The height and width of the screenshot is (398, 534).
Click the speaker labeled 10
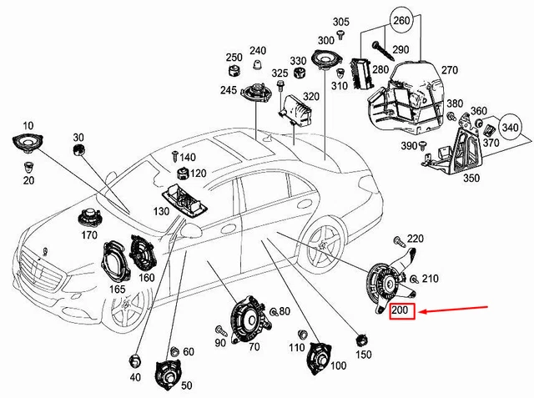click(x=28, y=143)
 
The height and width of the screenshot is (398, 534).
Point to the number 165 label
click(x=118, y=289)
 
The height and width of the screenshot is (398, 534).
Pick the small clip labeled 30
click(x=80, y=149)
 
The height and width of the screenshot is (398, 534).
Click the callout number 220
click(x=415, y=239)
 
